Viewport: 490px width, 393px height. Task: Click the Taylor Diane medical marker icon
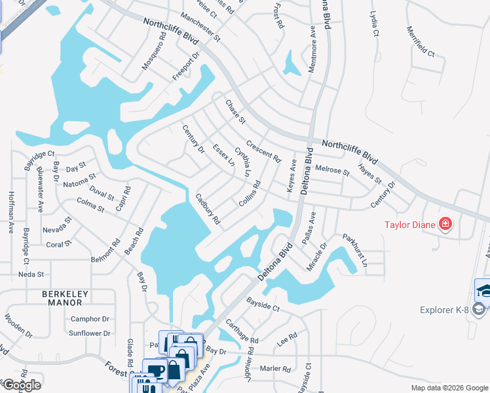pyautogui.click(x=446, y=225)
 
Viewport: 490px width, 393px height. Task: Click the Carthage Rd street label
pyautogui.click(x=242, y=331)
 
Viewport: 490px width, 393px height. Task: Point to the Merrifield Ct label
pyautogui.click(x=421, y=41)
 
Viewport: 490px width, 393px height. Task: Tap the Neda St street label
pyautogui.click(x=31, y=274)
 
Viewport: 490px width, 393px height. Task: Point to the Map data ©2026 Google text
pyautogui.click(x=448, y=388)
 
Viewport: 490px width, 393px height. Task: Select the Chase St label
pyautogui.click(x=235, y=112)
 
